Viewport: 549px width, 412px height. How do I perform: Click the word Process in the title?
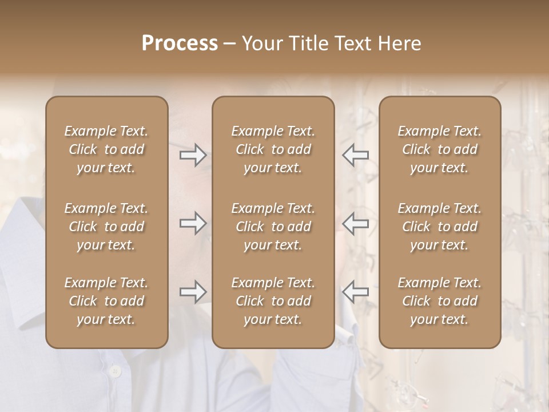[180, 43]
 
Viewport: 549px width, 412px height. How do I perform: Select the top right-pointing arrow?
[193, 155]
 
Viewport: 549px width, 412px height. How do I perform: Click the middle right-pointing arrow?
[193, 223]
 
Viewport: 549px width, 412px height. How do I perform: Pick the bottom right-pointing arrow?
[193, 292]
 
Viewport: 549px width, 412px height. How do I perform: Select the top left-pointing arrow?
[355, 155]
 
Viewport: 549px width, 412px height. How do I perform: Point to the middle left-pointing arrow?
[355, 223]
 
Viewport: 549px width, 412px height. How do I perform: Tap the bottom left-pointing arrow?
[355, 292]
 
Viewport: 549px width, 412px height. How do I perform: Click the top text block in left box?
[106, 149]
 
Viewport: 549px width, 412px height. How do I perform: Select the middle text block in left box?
[106, 227]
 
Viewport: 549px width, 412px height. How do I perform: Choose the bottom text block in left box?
[106, 301]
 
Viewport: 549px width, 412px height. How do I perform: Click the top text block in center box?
[273, 149]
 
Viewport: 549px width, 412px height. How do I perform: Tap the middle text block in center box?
[273, 227]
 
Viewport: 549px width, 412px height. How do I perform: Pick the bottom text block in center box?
[273, 301]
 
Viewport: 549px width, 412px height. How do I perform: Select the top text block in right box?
[439, 149]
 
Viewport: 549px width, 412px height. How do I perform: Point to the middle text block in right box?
[439, 227]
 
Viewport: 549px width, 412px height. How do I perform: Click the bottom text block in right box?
[439, 301]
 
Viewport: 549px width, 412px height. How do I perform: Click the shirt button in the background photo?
[115, 372]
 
